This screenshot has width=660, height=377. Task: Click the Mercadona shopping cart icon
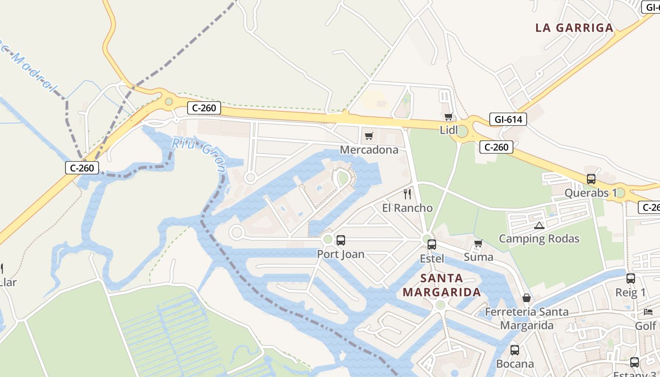pos(369,136)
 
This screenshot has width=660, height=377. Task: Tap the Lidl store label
pos(448,130)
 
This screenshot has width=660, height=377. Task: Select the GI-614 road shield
pos(508,119)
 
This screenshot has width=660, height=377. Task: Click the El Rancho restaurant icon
pos(407,194)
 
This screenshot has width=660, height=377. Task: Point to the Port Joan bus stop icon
pos(340,240)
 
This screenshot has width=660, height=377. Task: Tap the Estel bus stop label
pos(432,258)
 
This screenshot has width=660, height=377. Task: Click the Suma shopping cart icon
pos(478,244)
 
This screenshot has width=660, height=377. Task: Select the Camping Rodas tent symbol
pos(539,225)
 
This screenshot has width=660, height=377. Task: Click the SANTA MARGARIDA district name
pos(441,285)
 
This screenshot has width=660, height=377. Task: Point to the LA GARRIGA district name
pos(574,28)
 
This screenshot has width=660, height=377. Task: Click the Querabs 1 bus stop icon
pos(591,179)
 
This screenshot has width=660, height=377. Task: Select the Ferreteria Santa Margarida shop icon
pos(527,298)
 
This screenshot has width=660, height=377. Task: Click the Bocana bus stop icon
pos(514,350)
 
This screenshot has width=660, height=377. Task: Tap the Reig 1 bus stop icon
pos(631,279)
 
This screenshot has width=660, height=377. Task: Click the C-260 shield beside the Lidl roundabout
pos(496,147)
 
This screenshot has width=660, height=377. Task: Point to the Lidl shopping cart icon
pos(448,116)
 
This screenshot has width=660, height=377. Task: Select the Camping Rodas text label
pos(539,238)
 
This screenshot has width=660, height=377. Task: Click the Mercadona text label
pos(369,150)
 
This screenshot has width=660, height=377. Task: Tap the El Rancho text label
pos(407,208)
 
